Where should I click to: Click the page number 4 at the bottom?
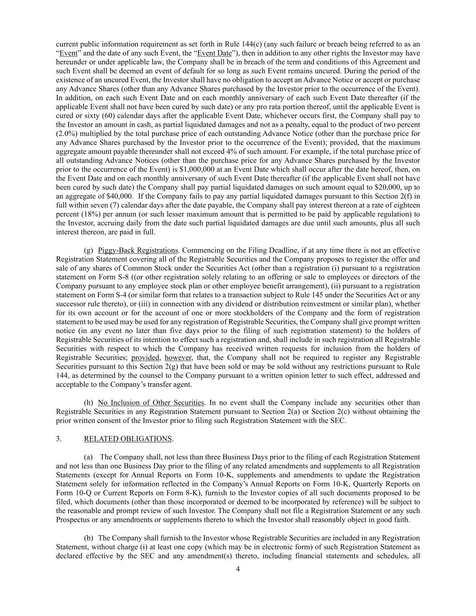(238, 569)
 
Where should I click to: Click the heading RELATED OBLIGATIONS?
(128, 439)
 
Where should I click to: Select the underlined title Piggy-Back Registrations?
(138, 250)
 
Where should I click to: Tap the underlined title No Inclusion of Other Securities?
(151, 403)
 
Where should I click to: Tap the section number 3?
(59, 439)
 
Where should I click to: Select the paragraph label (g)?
(88, 250)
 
